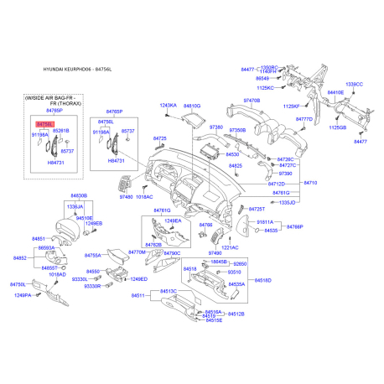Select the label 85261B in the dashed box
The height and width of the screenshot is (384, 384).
61,131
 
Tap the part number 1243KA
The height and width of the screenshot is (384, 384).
169,106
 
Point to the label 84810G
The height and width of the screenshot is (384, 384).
192,106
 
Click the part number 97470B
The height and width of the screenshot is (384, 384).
252,100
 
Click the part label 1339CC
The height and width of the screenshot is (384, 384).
354,85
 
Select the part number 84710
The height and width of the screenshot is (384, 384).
309,182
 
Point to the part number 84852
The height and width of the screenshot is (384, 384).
18,258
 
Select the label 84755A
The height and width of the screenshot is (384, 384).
93,255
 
